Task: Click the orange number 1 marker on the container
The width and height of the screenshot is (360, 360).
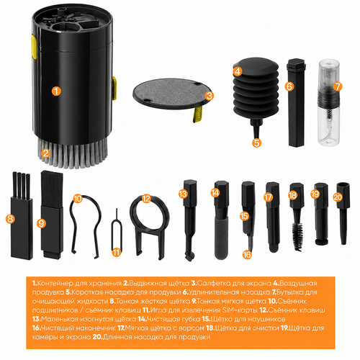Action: coord(56,91)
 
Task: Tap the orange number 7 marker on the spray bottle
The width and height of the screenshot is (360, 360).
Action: coord(338,86)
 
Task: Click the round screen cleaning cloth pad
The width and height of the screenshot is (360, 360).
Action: coord(172,94)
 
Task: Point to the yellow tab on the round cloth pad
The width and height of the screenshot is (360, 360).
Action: coord(198,114)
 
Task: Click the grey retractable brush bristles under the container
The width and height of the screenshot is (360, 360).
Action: coord(72,153)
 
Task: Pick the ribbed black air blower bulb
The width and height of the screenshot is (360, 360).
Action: coord(256,89)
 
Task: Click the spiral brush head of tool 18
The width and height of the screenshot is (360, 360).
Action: coord(297,237)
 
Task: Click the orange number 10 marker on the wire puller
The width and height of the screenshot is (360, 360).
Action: coord(78,199)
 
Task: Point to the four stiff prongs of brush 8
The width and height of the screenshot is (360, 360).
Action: coord(21,185)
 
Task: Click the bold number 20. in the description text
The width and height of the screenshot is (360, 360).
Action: coord(97,337)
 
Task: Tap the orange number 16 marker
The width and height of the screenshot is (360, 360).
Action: coord(247,254)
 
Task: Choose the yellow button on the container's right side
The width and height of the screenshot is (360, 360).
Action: coord(114,88)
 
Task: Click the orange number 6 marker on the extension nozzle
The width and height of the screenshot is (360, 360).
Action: coord(289,86)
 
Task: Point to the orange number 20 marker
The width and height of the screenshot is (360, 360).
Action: coord(338,197)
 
